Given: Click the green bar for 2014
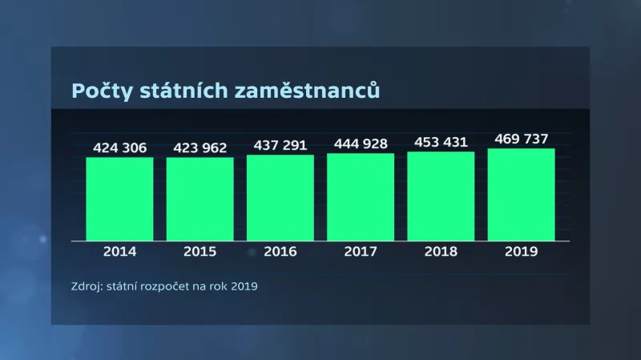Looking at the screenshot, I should tap(119, 199).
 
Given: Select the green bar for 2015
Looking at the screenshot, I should tap(200, 199).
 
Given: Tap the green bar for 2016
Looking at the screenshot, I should tap(280, 197).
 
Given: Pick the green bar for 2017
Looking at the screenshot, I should tap(361, 196).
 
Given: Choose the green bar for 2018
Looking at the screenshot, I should tap(441, 196).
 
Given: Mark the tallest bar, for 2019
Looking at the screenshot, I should tap(521, 194).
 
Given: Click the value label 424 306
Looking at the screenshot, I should tap(119, 148).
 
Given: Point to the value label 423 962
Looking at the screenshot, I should tap(200, 148).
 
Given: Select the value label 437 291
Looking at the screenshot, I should tap(280, 145).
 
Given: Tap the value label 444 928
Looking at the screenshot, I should tap(361, 144).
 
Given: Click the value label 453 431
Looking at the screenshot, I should tap(441, 142).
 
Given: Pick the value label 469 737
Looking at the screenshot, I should tap(521, 139).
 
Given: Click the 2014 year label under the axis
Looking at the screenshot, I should tap(119, 252).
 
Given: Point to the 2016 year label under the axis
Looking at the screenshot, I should tap(280, 252).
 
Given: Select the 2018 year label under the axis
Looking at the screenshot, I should tap(441, 252).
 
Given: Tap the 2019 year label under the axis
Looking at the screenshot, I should tap(521, 252).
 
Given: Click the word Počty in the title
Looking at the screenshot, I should tap(99, 91).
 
